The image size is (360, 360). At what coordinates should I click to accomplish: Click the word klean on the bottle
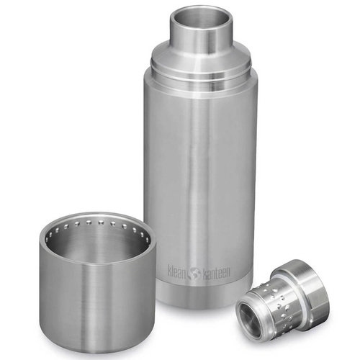[x=176, y=272]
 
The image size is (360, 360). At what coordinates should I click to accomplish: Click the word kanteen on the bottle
[x=217, y=272]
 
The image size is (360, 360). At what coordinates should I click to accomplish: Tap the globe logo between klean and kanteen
[x=194, y=273]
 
